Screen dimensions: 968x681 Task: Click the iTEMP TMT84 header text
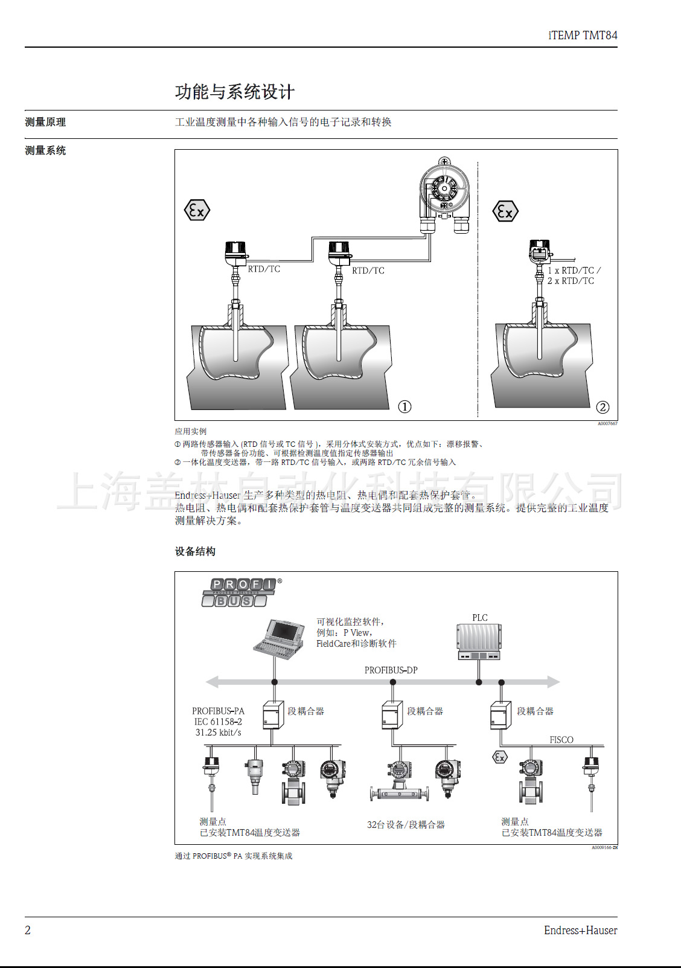[583, 35]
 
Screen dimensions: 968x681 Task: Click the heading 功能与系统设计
[234, 92]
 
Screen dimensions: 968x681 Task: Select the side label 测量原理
[45, 122]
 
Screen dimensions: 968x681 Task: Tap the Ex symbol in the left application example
[197, 210]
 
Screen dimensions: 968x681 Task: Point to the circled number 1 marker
[405, 406]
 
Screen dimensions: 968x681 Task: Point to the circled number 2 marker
[603, 407]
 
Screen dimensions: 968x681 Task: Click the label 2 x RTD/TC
[571, 281]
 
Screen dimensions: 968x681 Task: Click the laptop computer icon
[279, 638]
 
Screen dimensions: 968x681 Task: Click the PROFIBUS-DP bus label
[391, 670]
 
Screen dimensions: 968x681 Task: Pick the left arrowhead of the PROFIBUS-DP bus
[212, 682]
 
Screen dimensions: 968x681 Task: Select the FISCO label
[561, 740]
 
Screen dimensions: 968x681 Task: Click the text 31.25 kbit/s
[218, 732]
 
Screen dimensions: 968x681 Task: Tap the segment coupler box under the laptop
[273, 715]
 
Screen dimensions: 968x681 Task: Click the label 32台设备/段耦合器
[406, 825]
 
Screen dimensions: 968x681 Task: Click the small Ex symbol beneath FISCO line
[500, 757]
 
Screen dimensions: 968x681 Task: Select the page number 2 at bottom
[28, 930]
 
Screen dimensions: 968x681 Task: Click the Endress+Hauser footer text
[580, 931]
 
